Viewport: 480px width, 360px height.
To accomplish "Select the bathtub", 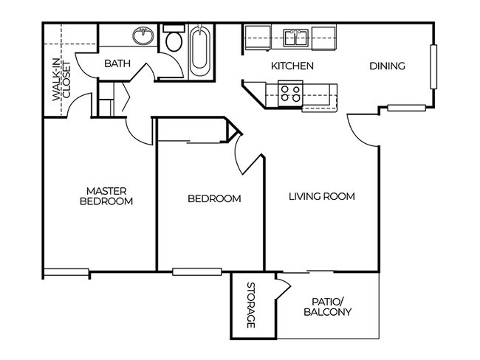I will pos(199,50).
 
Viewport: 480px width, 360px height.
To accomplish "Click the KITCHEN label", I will pos(292,66).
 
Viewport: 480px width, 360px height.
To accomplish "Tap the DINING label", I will pos(387,66).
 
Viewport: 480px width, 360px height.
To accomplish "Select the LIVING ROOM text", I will pos(321,197).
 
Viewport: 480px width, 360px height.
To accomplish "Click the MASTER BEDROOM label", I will pos(106,195).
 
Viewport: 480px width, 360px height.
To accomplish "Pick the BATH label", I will pos(117,64).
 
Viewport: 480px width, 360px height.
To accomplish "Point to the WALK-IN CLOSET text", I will pos(61,80).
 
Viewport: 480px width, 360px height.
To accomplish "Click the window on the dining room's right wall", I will pos(434,66).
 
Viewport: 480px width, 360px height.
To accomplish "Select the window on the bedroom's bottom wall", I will pos(196,271).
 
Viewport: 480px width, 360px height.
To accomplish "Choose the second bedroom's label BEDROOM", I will pos(214,198).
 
